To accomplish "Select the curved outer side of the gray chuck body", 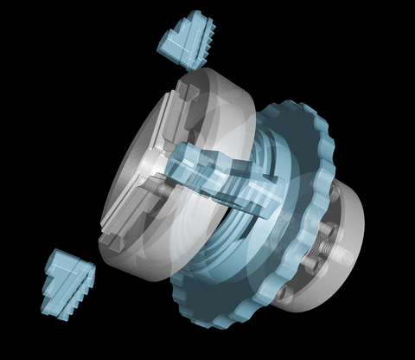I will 229,112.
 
